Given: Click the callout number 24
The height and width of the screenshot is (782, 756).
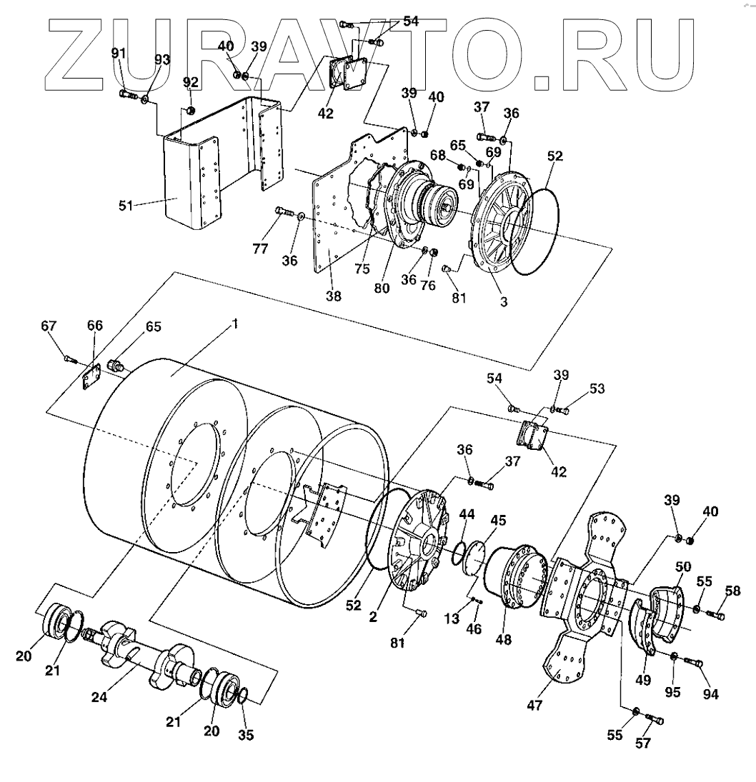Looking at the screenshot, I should click(x=99, y=697).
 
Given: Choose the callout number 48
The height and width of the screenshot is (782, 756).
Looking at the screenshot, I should click(x=504, y=641).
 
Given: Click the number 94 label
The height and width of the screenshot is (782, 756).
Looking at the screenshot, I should click(x=711, y=693).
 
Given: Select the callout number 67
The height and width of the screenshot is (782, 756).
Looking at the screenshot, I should click(x=49, y=326).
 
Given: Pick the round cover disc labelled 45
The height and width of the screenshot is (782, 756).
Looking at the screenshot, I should click(x=469, y=558).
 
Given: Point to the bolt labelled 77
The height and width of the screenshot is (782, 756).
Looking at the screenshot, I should click(x=283, y=211).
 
